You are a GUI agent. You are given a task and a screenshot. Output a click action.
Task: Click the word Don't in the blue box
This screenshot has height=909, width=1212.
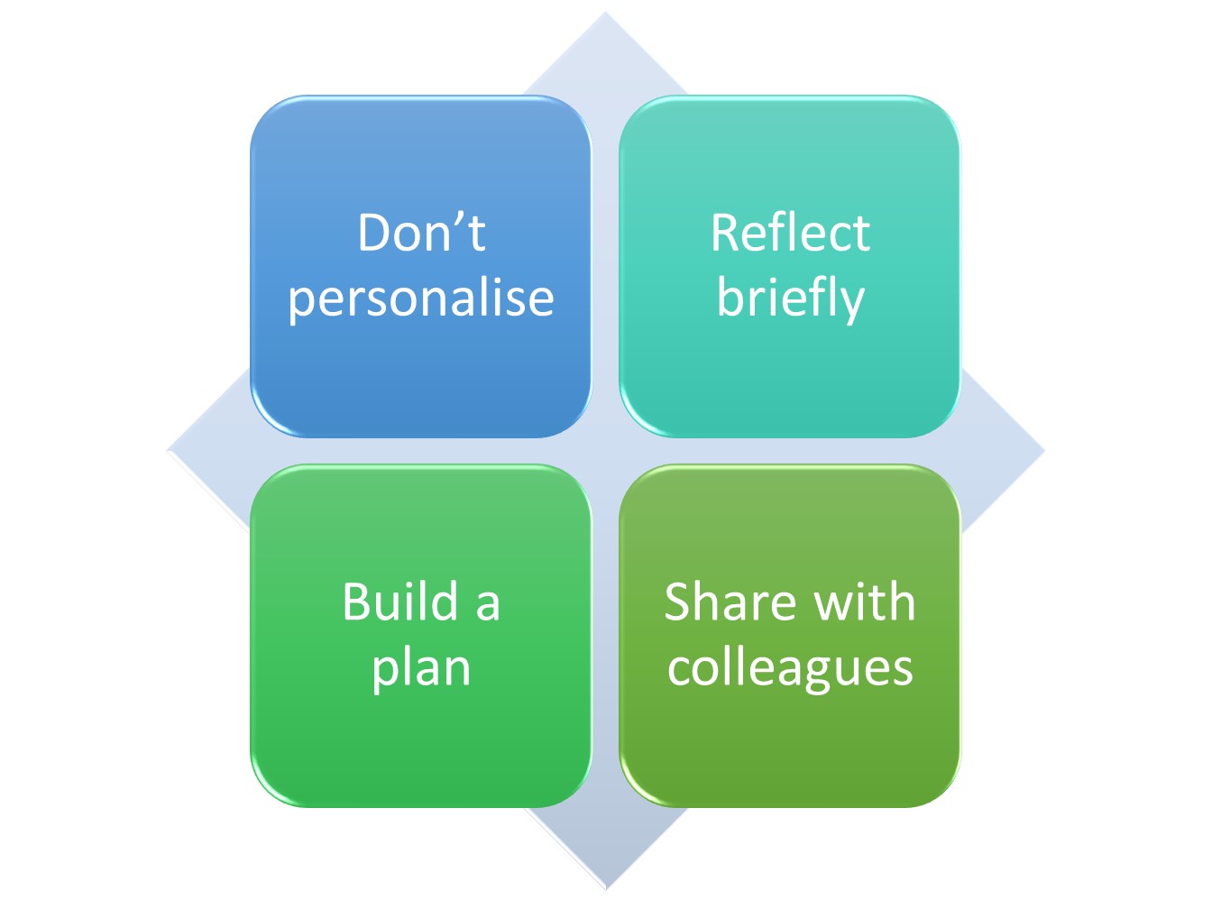click(x=421, y=233)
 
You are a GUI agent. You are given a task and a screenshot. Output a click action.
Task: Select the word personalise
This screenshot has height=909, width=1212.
click(x=421, y=299)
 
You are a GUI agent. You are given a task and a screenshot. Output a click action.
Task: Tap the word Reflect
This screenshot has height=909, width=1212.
click(x=790, y=233)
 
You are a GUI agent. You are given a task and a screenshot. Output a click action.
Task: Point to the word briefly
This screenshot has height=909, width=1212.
click(x=790, y=299)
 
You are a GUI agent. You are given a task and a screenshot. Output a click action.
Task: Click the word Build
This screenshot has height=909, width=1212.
click(x=401, y=601)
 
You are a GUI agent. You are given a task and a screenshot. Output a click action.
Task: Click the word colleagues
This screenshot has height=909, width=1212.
click(x=790, y=668)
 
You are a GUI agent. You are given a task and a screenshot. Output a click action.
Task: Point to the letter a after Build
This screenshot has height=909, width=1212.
click(x=487, y=604)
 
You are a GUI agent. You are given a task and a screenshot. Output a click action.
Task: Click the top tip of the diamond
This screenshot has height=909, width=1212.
click(x=605, y=14)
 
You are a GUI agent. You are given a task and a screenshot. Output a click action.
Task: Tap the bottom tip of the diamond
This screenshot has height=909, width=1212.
click(x=606, y=887)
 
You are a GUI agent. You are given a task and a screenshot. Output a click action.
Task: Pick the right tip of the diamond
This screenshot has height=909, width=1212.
click(x=1042, y=451)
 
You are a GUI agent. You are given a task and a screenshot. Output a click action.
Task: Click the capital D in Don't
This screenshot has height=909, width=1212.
click(x=375, y=233)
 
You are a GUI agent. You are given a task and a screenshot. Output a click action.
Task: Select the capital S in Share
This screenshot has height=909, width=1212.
click(x=681, y=601)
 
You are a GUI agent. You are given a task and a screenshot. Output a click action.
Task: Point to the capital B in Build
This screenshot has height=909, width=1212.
click(x=358, y=601)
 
